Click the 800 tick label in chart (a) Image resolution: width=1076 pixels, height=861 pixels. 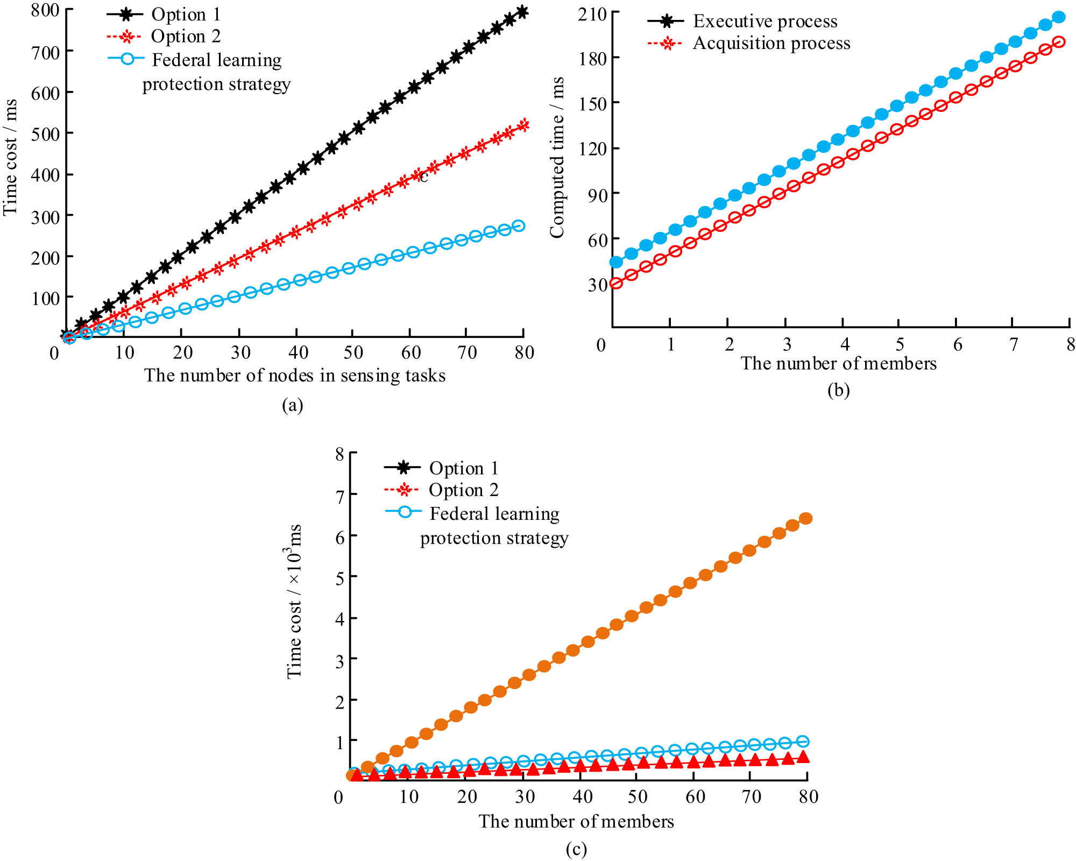pos(45,10)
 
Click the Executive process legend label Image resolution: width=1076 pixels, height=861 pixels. pos(764,22)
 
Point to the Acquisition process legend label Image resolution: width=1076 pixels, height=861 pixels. pos(771,44)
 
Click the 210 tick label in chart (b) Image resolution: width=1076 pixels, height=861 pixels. pos(592,14)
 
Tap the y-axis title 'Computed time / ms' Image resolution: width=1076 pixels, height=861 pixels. pos(557,157)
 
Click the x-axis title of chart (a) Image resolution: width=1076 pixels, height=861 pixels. pos(295,376)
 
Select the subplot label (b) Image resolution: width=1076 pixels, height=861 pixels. pos(838,390)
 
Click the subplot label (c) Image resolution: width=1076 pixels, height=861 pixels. pos(576,849)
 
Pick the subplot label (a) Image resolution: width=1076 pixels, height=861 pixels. pos(293,405)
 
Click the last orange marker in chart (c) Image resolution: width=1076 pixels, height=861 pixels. pos(805,518)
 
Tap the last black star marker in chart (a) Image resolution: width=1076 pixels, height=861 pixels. pos(522,12)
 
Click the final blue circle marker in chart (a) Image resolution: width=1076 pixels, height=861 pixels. pos(519,226)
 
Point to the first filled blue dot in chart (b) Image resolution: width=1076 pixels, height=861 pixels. pos(616,262)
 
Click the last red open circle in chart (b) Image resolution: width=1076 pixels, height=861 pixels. pos(1059,42)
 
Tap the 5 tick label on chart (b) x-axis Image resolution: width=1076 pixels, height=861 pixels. pos(900,344)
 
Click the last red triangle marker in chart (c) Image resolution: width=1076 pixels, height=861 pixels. pos(803,757)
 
